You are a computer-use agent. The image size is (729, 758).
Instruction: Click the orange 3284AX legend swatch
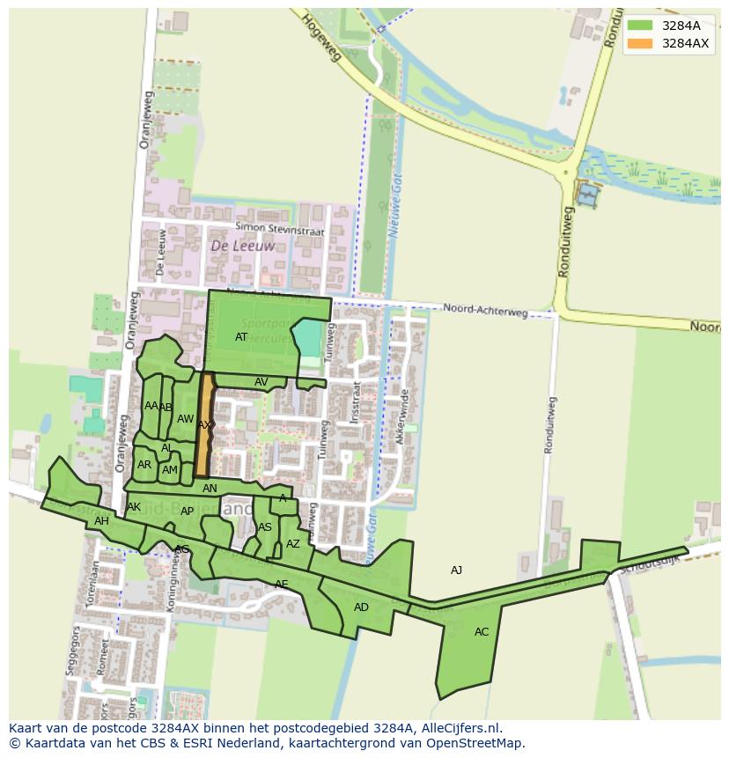(x=640, y=43)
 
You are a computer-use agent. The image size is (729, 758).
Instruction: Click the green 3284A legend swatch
(x=640, y=26)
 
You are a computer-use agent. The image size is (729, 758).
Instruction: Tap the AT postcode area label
(x=241, y=337)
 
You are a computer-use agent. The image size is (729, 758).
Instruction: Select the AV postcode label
(x=261, y=382)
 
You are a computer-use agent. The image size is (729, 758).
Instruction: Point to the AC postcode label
(x=482, y=632)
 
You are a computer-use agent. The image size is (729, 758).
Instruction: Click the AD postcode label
(x=361, y=607)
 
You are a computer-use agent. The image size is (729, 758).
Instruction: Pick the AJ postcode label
(x=456, y=570)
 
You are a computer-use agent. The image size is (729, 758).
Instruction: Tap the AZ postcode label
(x=293, y=544)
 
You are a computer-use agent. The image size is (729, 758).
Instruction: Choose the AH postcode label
(x=101, y=521)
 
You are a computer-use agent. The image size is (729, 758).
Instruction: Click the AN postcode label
(x=210, y=489)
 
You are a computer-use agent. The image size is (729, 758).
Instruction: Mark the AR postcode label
(x=144, y=465)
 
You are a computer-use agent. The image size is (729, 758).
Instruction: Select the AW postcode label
(x=185, y=419)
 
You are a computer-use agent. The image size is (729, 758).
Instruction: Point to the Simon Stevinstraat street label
(x=281, y=231)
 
